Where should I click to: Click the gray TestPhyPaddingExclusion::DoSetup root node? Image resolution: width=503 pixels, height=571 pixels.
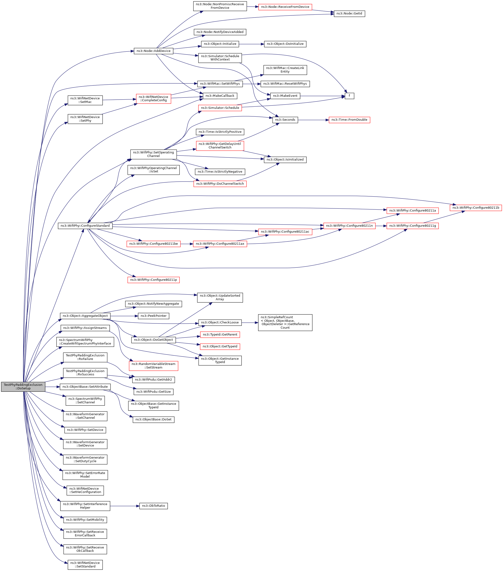click(x=23, y=387)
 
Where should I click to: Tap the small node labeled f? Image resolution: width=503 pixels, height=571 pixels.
click(x=349, y=96)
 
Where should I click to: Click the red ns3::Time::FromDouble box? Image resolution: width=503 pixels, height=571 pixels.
click(x=349, y=120)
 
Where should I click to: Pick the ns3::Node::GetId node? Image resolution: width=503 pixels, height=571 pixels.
click(x=349, y=14)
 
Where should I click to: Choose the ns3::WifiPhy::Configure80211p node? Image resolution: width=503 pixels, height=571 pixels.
click(x=153, y=280)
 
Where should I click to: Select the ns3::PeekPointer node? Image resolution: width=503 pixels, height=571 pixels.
click(x=153, y=316)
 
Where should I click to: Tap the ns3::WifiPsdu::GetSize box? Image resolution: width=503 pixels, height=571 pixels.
click(x=153, y=392)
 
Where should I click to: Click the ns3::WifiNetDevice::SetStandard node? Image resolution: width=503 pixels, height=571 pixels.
click(x=85, y=565)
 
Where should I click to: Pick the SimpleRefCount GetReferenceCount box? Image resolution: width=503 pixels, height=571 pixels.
click(x=285, y=323)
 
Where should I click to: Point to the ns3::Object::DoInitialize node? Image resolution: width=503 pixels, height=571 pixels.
click(x=285, y=44)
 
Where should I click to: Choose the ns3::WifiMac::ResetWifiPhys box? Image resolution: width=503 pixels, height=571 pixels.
click(x=285, y=84)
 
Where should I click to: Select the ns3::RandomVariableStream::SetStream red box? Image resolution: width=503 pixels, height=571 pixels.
click(x=153, y=366)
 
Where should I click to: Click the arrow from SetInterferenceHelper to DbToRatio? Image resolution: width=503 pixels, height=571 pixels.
click(x=125, y=506)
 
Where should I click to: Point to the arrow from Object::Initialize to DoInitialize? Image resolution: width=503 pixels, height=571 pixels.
click(x=251, y=44)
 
